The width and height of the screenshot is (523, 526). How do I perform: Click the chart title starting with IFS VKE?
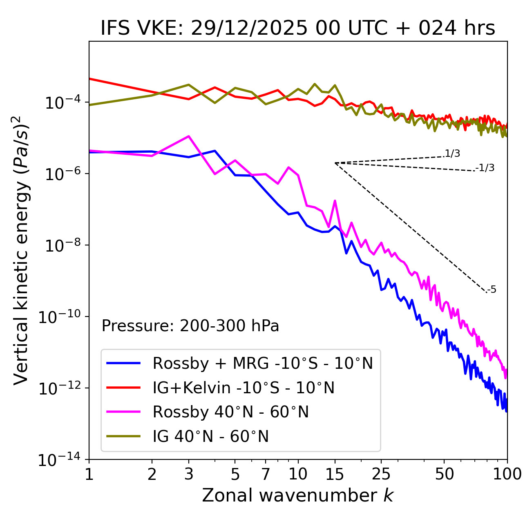click(298, 29)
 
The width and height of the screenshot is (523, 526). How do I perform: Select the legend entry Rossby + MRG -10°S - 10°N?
click(263, 363)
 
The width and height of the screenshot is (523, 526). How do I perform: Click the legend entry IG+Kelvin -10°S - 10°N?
click(244, 388)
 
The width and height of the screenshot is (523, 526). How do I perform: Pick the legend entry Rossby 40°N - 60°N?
click(230, 412)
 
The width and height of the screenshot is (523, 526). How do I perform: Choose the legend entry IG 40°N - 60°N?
click(210, 437)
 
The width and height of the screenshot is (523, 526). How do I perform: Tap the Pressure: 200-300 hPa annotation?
click(190, 326)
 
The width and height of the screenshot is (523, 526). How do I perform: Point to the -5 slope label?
click(492, 290)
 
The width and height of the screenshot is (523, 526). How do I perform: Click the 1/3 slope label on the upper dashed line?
click(453, 154)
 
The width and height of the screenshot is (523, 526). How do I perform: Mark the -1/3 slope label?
click(485, 168)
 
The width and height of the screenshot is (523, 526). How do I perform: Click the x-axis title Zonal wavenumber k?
click(298, 495)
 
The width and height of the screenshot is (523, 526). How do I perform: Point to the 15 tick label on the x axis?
click(335, 474)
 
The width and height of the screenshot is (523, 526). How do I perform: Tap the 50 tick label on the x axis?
click(444, 474)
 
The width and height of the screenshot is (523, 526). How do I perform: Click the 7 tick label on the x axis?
click(266, 474)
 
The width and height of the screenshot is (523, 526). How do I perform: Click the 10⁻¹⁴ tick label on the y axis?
click(59, 460)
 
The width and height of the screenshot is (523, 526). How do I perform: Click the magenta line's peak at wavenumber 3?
click(189, 136)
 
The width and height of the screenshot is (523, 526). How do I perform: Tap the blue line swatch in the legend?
click(123, 363)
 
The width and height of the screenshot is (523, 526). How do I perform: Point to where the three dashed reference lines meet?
click(335, 163)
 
